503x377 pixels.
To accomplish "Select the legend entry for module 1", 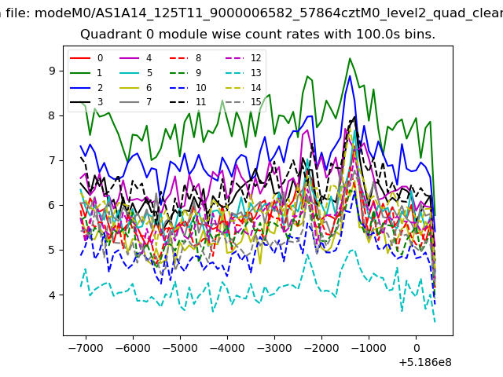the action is pos(86,73).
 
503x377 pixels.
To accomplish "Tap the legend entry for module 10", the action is pos(188,87).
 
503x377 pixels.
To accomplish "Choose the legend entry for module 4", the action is pos(135,58).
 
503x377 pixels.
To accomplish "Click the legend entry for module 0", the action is pos(86,58).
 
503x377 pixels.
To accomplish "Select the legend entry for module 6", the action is pos(135,87).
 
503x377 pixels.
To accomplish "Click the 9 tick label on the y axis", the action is pos(52,71).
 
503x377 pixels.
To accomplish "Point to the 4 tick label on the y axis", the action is pos(52,295).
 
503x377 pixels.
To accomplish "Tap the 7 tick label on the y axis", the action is pos(52,160).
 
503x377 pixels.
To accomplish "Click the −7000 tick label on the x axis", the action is pos(86,348).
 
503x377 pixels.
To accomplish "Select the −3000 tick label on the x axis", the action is pos(274,348).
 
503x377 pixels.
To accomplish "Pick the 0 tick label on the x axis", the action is pos(416,348).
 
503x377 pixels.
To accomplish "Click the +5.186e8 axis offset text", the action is pos(425,363).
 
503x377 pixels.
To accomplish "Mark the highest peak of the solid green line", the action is pos(350,58).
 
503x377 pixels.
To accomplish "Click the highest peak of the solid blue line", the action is pos(350,76).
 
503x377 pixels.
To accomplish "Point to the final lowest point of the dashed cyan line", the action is pos(435,322).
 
